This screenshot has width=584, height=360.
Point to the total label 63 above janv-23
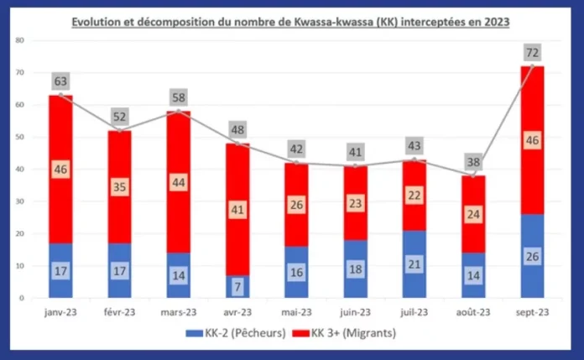pos(61,81)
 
